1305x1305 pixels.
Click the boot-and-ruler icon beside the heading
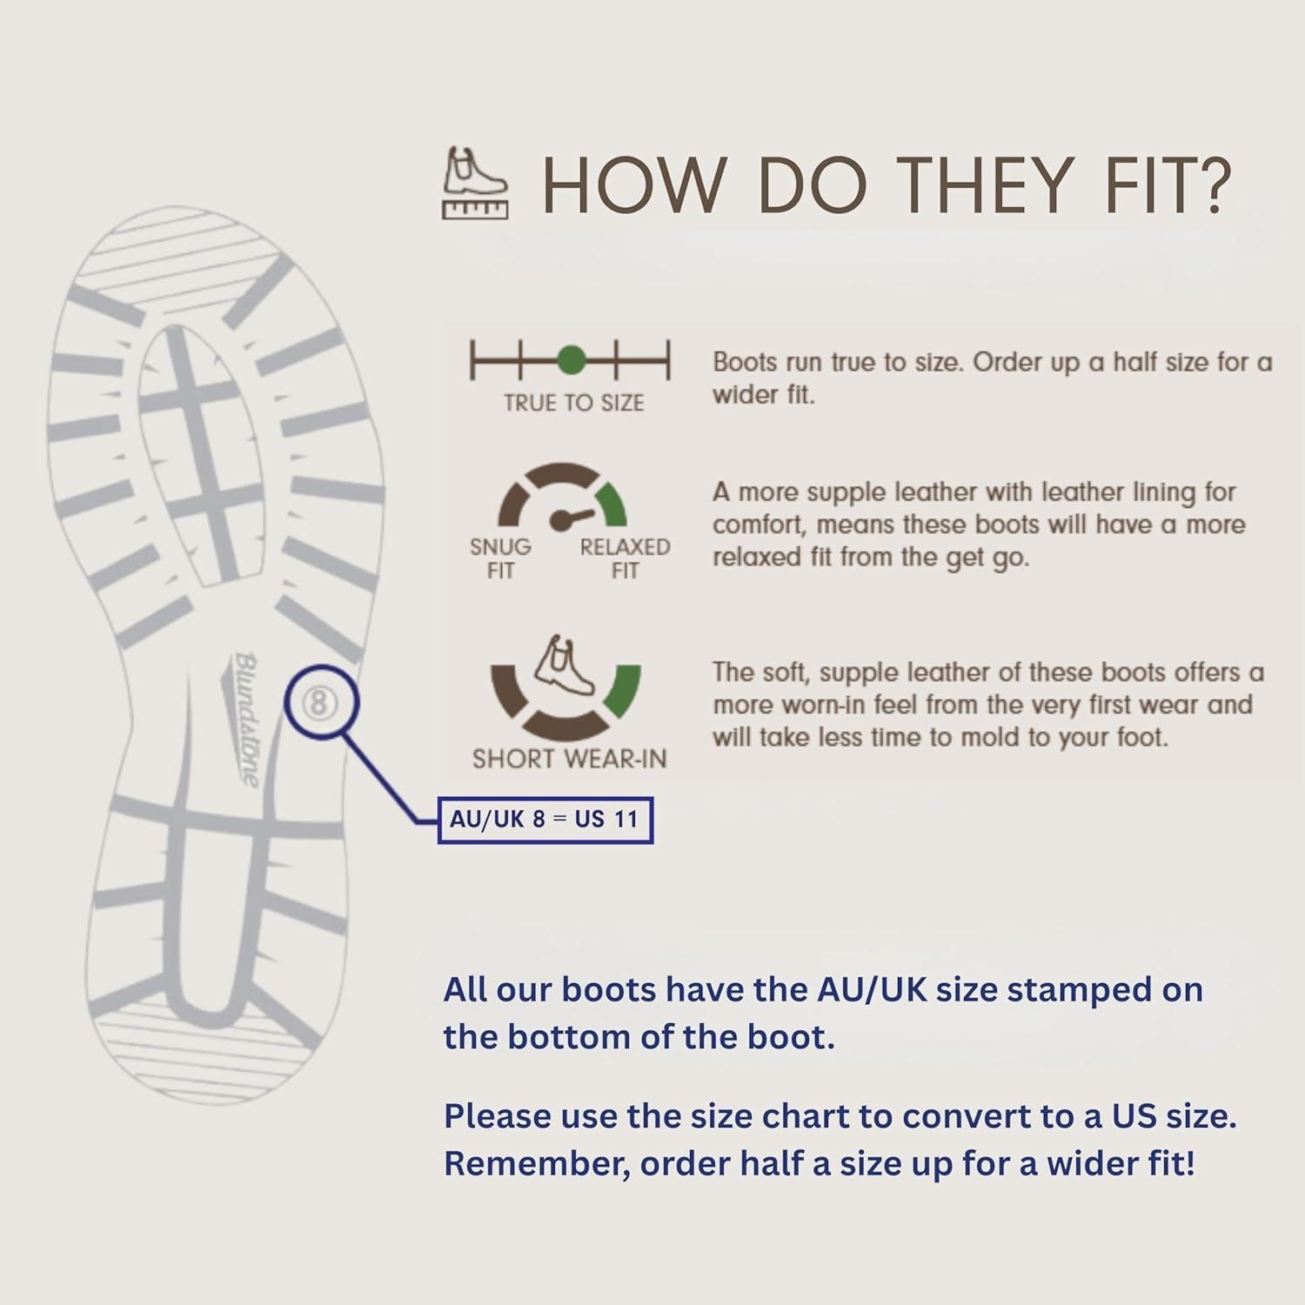click(x=475, y=183)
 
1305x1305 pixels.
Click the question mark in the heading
click(x=1208, y=184)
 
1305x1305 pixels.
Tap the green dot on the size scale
click(x=571, y=359)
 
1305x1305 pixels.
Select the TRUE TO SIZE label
click(x=573, y=403)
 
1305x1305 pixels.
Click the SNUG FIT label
click(x=500, y=559)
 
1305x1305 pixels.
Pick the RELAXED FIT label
click(x=625, y=559)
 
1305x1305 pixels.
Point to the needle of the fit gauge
click(x=572, y=517)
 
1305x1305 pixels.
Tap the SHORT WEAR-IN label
click(x=569, y=759)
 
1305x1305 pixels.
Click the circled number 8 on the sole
click(x=319, y=702)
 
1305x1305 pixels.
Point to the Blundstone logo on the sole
click(x=247, y=719)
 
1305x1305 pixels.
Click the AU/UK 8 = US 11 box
click(x=545, y=820)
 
